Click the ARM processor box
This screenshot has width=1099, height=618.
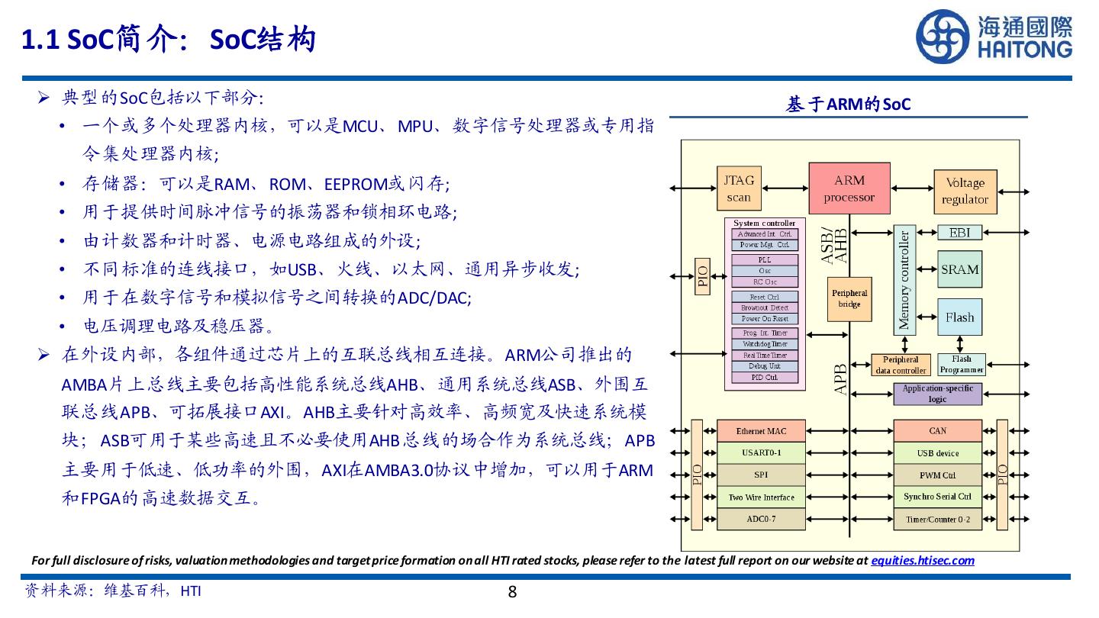tap(849, 189)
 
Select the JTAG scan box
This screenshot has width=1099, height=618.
tap(738, 189)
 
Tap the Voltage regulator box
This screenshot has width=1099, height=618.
tap(965, 192)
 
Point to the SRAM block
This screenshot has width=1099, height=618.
tap(959, 269)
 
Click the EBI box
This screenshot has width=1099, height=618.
tap(959, 233)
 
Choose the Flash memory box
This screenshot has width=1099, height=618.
tap(959, 317)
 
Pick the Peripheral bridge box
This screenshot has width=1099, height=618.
tap(849, 298)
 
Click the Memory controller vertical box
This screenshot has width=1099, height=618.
tap(904, 280)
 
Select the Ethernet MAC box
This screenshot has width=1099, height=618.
tap(761, 431)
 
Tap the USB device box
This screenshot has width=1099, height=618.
tap(937, 453)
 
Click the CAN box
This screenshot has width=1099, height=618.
tap(937, 431)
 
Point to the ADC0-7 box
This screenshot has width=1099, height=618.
tap(761, 520)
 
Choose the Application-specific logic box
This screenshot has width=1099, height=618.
tap(937, 394)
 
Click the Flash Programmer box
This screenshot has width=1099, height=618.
tap(962, 365)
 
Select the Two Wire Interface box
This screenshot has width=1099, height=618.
tap(761, 497)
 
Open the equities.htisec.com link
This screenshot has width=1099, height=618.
tap(923, 561)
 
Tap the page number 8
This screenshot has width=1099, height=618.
tap(512, 592)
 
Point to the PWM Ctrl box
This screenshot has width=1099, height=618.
tap(937, 475)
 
